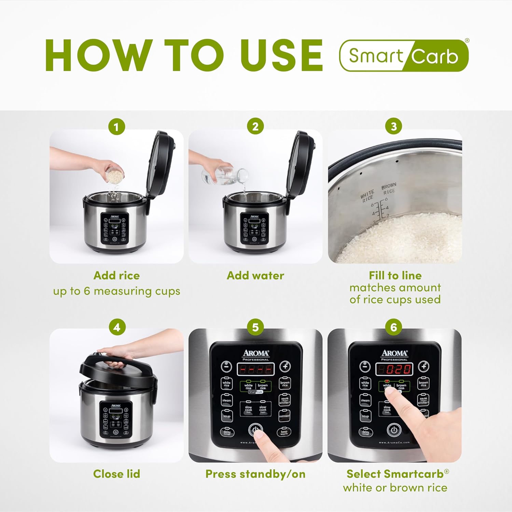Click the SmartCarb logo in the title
tap(403, 56)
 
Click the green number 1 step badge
tap(116, 127)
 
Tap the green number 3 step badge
tap(393, 127)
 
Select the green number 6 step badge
tap(393, 327)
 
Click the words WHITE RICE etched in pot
tap(368, 196)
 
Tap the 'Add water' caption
tap(255, 275)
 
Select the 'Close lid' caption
tap(116, 474)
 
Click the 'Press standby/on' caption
tap(255, 474)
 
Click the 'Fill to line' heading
tap(395, 275)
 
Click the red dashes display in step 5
tap(255, 369)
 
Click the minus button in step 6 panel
tap(365, 366)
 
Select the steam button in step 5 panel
tap(227, 400)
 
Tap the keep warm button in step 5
tap(284, 432)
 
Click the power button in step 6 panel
tap(394, 430)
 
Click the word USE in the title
tap(281, 55)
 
